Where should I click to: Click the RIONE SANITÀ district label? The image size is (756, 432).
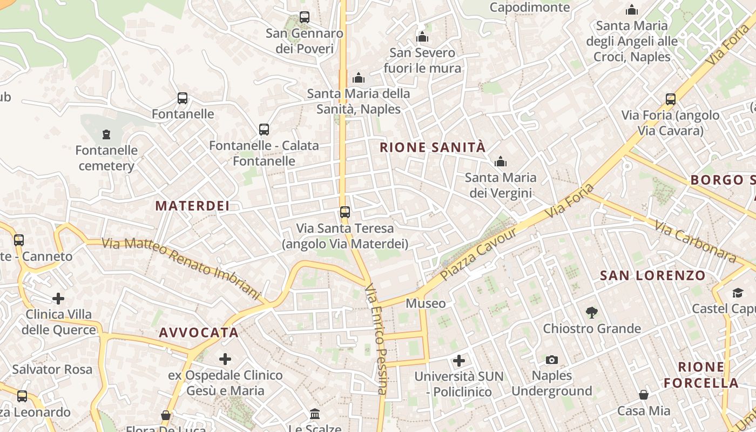click(433, 147)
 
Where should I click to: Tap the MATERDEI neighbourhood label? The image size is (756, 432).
click(192, 206)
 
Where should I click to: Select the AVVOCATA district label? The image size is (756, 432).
click(199, 333)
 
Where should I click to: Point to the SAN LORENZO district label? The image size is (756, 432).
click(653, 275)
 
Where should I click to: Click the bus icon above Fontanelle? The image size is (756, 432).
click(183, 98)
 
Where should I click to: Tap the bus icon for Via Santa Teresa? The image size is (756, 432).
click(345, 212)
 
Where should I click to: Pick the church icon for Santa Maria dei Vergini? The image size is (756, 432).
click(501, 161)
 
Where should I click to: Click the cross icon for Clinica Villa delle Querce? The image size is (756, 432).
click(58, 298)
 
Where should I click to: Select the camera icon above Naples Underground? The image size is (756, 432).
click(551, 360)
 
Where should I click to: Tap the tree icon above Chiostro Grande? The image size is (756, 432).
click(592, 312)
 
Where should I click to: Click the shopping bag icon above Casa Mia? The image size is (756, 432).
click(643, 395)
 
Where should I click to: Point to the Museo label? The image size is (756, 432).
click(426, 303)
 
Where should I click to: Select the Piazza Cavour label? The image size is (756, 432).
click(478, 253)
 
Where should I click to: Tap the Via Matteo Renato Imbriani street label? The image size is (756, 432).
click(181, 267)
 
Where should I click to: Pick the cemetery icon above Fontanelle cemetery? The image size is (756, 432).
click(106, 134)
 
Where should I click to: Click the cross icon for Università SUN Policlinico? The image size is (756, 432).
click(458, 360)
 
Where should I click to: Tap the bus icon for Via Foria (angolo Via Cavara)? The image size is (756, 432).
click(670, 99)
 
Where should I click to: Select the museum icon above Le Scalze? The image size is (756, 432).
click(314, 414)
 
